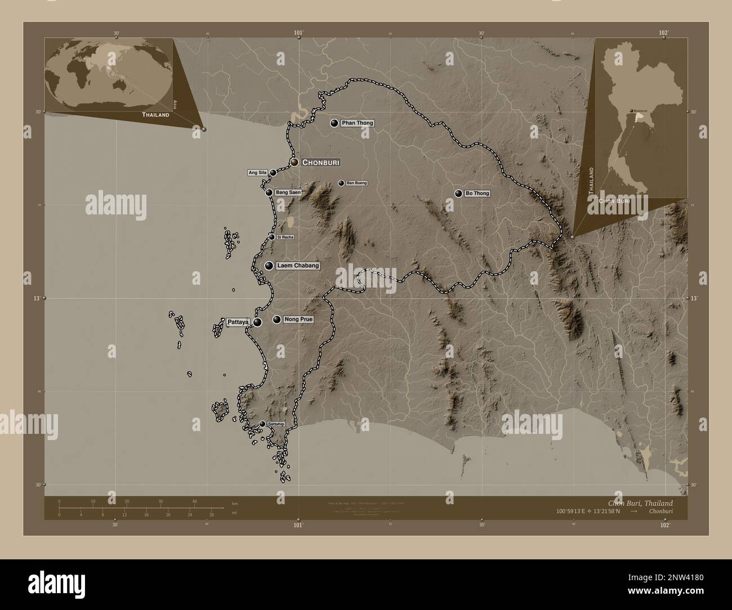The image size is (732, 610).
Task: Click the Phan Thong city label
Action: point(358,123)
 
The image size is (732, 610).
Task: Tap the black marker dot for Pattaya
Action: point(257,322)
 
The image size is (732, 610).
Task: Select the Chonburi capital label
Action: point(321,162)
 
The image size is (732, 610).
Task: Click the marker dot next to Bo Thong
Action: point(458,194)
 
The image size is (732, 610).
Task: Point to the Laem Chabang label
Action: point(298,266)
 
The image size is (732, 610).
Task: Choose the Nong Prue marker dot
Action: point(276,320)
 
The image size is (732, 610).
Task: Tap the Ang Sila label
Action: point(257,172)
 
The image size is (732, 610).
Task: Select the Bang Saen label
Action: point(288,192)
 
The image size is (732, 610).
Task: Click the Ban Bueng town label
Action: point(356,183)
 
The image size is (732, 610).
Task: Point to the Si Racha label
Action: point(285,237)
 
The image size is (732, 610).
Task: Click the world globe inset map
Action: point(109,75)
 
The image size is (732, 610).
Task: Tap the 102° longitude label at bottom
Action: point(665,525)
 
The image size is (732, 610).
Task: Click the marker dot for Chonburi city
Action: point(294,162)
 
